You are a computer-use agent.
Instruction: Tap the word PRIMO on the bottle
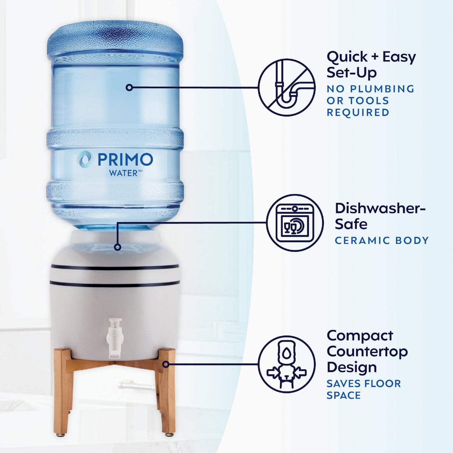point(125,159)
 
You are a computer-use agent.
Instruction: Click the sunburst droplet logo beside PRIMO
point(84,159)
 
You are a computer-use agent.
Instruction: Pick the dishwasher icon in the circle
point(295,223)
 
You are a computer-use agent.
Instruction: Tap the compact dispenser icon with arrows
point(287,364)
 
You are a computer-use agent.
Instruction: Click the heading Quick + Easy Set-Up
point(371,64)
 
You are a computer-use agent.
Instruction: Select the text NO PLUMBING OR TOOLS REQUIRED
point(370,100)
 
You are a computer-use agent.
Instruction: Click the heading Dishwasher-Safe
point(380,216)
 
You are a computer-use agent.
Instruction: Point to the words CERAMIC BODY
point(382,240)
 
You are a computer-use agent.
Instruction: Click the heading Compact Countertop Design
point(367,351)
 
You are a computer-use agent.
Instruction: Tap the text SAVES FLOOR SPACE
point(363,389)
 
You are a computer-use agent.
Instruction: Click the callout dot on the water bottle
point(129,87)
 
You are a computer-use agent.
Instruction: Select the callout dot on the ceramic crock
point(117,247)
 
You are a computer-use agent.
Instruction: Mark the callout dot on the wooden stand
point(166,364)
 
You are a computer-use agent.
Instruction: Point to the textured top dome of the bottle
point(115,38)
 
